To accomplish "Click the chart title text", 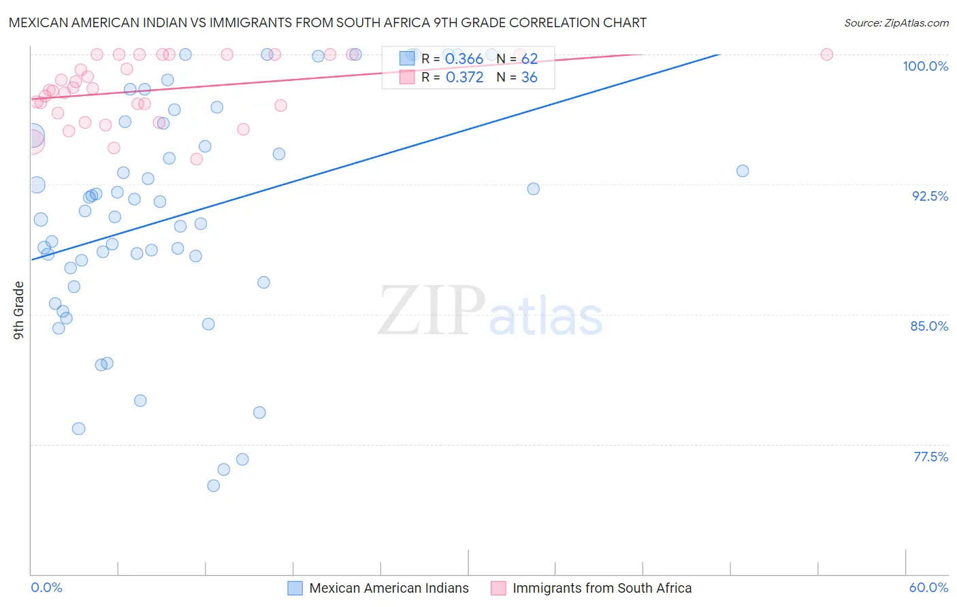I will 327,22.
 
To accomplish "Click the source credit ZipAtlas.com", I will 896,22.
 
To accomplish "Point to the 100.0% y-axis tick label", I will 925,66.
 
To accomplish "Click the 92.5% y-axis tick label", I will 930,196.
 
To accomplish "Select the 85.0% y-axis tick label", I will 929,326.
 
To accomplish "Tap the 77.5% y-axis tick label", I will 930,457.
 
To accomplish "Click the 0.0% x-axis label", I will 46,587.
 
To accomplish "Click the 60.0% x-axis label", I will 928,587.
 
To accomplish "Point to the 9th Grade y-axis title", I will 19,310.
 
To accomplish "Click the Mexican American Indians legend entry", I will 389,588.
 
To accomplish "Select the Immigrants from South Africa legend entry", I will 602,588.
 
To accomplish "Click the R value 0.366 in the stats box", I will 464,59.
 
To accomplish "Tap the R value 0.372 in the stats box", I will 464,78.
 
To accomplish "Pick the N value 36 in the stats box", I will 529,78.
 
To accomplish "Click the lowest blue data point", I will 214,486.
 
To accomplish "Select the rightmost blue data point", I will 743,171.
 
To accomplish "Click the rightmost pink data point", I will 827,54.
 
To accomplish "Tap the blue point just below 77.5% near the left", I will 79,429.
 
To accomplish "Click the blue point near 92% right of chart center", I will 534,188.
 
